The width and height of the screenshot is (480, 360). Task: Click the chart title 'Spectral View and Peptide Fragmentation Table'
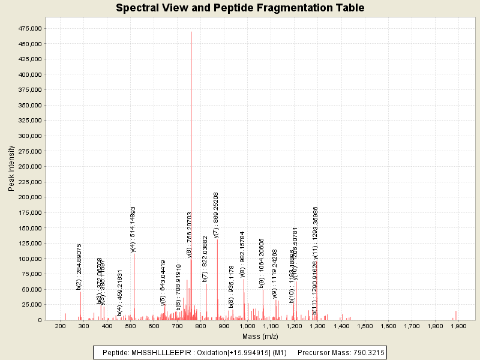[240, 8]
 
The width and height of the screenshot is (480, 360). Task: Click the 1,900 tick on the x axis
[458, 325]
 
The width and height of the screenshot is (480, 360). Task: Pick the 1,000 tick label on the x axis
[247, 325]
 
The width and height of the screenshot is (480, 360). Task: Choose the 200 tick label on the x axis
[60, 325]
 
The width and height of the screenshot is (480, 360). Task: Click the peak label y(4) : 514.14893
[133, 230]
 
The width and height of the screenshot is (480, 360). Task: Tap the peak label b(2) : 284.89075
[79, 267]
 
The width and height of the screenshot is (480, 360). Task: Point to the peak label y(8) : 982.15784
[242, 254]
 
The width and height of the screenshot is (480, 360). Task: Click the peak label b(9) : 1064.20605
[262, 264]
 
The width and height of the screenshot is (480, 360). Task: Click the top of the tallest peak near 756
[191, 32]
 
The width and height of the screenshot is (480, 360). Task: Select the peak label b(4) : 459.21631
[120, 292]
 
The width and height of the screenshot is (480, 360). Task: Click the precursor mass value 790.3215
[366, 352]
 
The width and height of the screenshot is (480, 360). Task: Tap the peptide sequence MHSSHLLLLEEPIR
[159, 352]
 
